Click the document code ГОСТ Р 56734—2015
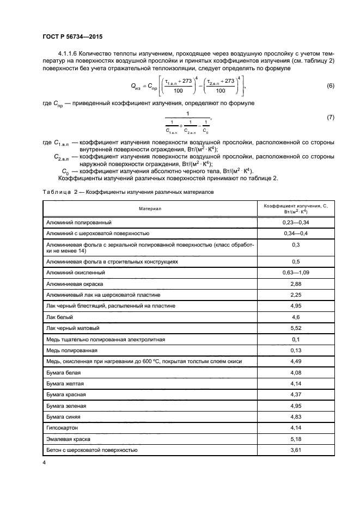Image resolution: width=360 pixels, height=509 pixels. (x=72, y=36)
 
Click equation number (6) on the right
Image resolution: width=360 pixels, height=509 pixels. (x=330, y=87)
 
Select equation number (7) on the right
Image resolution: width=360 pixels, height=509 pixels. (x=330, y=118)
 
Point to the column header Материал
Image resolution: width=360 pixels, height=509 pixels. (x=150, y=208)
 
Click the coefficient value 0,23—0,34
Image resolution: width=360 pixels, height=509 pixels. (x=295, y=223)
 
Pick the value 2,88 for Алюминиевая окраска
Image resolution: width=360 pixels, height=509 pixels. (x=295, y=284)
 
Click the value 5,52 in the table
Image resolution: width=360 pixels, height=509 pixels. (x=295, y=328)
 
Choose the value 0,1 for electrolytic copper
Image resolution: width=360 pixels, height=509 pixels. (x=295, y=339)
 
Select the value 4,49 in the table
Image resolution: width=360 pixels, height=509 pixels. (x=295, y=361)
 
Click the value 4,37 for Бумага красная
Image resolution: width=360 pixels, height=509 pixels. (x=295, y=395)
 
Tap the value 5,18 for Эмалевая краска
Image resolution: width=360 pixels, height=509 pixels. (x=295, y=439)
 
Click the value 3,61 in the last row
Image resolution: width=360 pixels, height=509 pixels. (x=295, y=450)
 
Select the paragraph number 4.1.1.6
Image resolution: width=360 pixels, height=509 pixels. (x=70, y=54)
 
